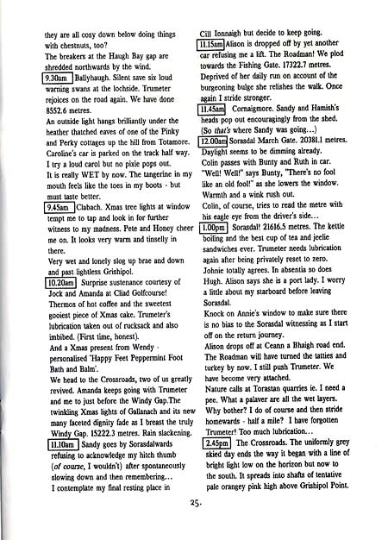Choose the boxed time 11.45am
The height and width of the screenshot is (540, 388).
210,133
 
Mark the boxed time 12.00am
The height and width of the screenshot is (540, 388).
212,165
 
